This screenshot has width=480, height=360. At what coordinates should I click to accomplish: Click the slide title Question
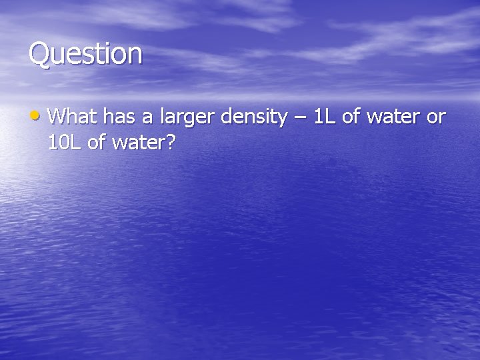coord(85,54)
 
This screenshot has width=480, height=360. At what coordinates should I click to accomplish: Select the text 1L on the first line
coord(325,117)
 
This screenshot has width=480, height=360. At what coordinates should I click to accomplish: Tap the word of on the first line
coord(353,117)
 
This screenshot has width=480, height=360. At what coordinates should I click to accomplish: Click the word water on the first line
coord(395,118)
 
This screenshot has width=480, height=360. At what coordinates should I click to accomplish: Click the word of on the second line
coord(97,142)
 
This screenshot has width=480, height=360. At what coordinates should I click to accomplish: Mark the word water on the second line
coord(137,143)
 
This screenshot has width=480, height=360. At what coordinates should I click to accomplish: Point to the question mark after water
coord(169,142)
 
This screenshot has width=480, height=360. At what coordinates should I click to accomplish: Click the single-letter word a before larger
coord(146,119)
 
